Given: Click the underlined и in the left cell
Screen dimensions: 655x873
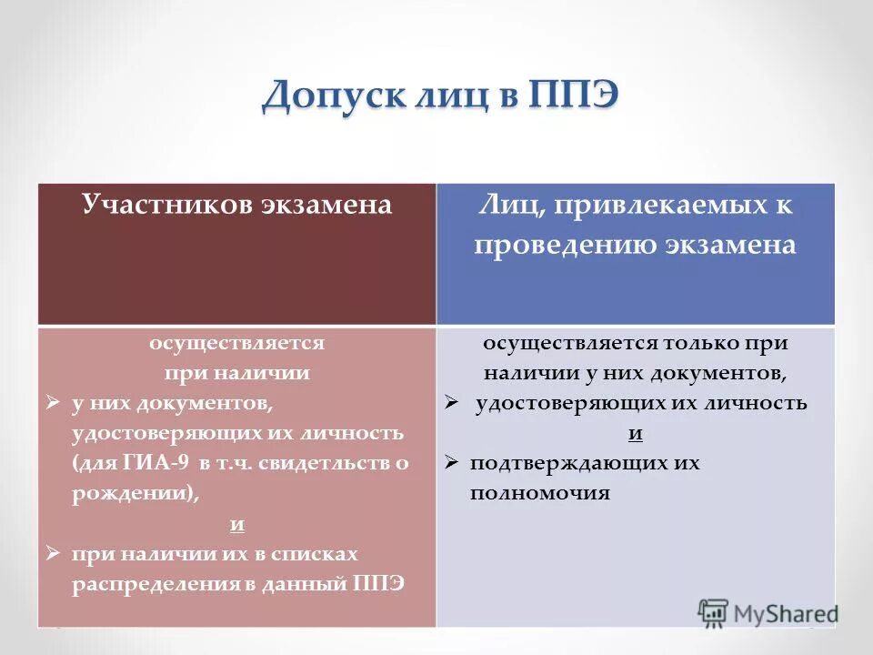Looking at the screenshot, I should [x=236, y=524].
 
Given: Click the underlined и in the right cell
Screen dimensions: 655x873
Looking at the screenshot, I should [x=636, y=433].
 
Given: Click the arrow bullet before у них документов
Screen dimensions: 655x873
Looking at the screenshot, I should [x=53, y=401].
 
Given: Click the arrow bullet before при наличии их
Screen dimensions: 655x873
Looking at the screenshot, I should [x=53, y=553].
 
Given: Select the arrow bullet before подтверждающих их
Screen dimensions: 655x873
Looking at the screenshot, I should [x=451, y=463].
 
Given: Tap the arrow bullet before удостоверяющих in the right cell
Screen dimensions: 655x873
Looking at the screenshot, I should [x=451, y=403].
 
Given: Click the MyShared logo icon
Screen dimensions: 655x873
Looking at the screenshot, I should [x=713, y=612].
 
